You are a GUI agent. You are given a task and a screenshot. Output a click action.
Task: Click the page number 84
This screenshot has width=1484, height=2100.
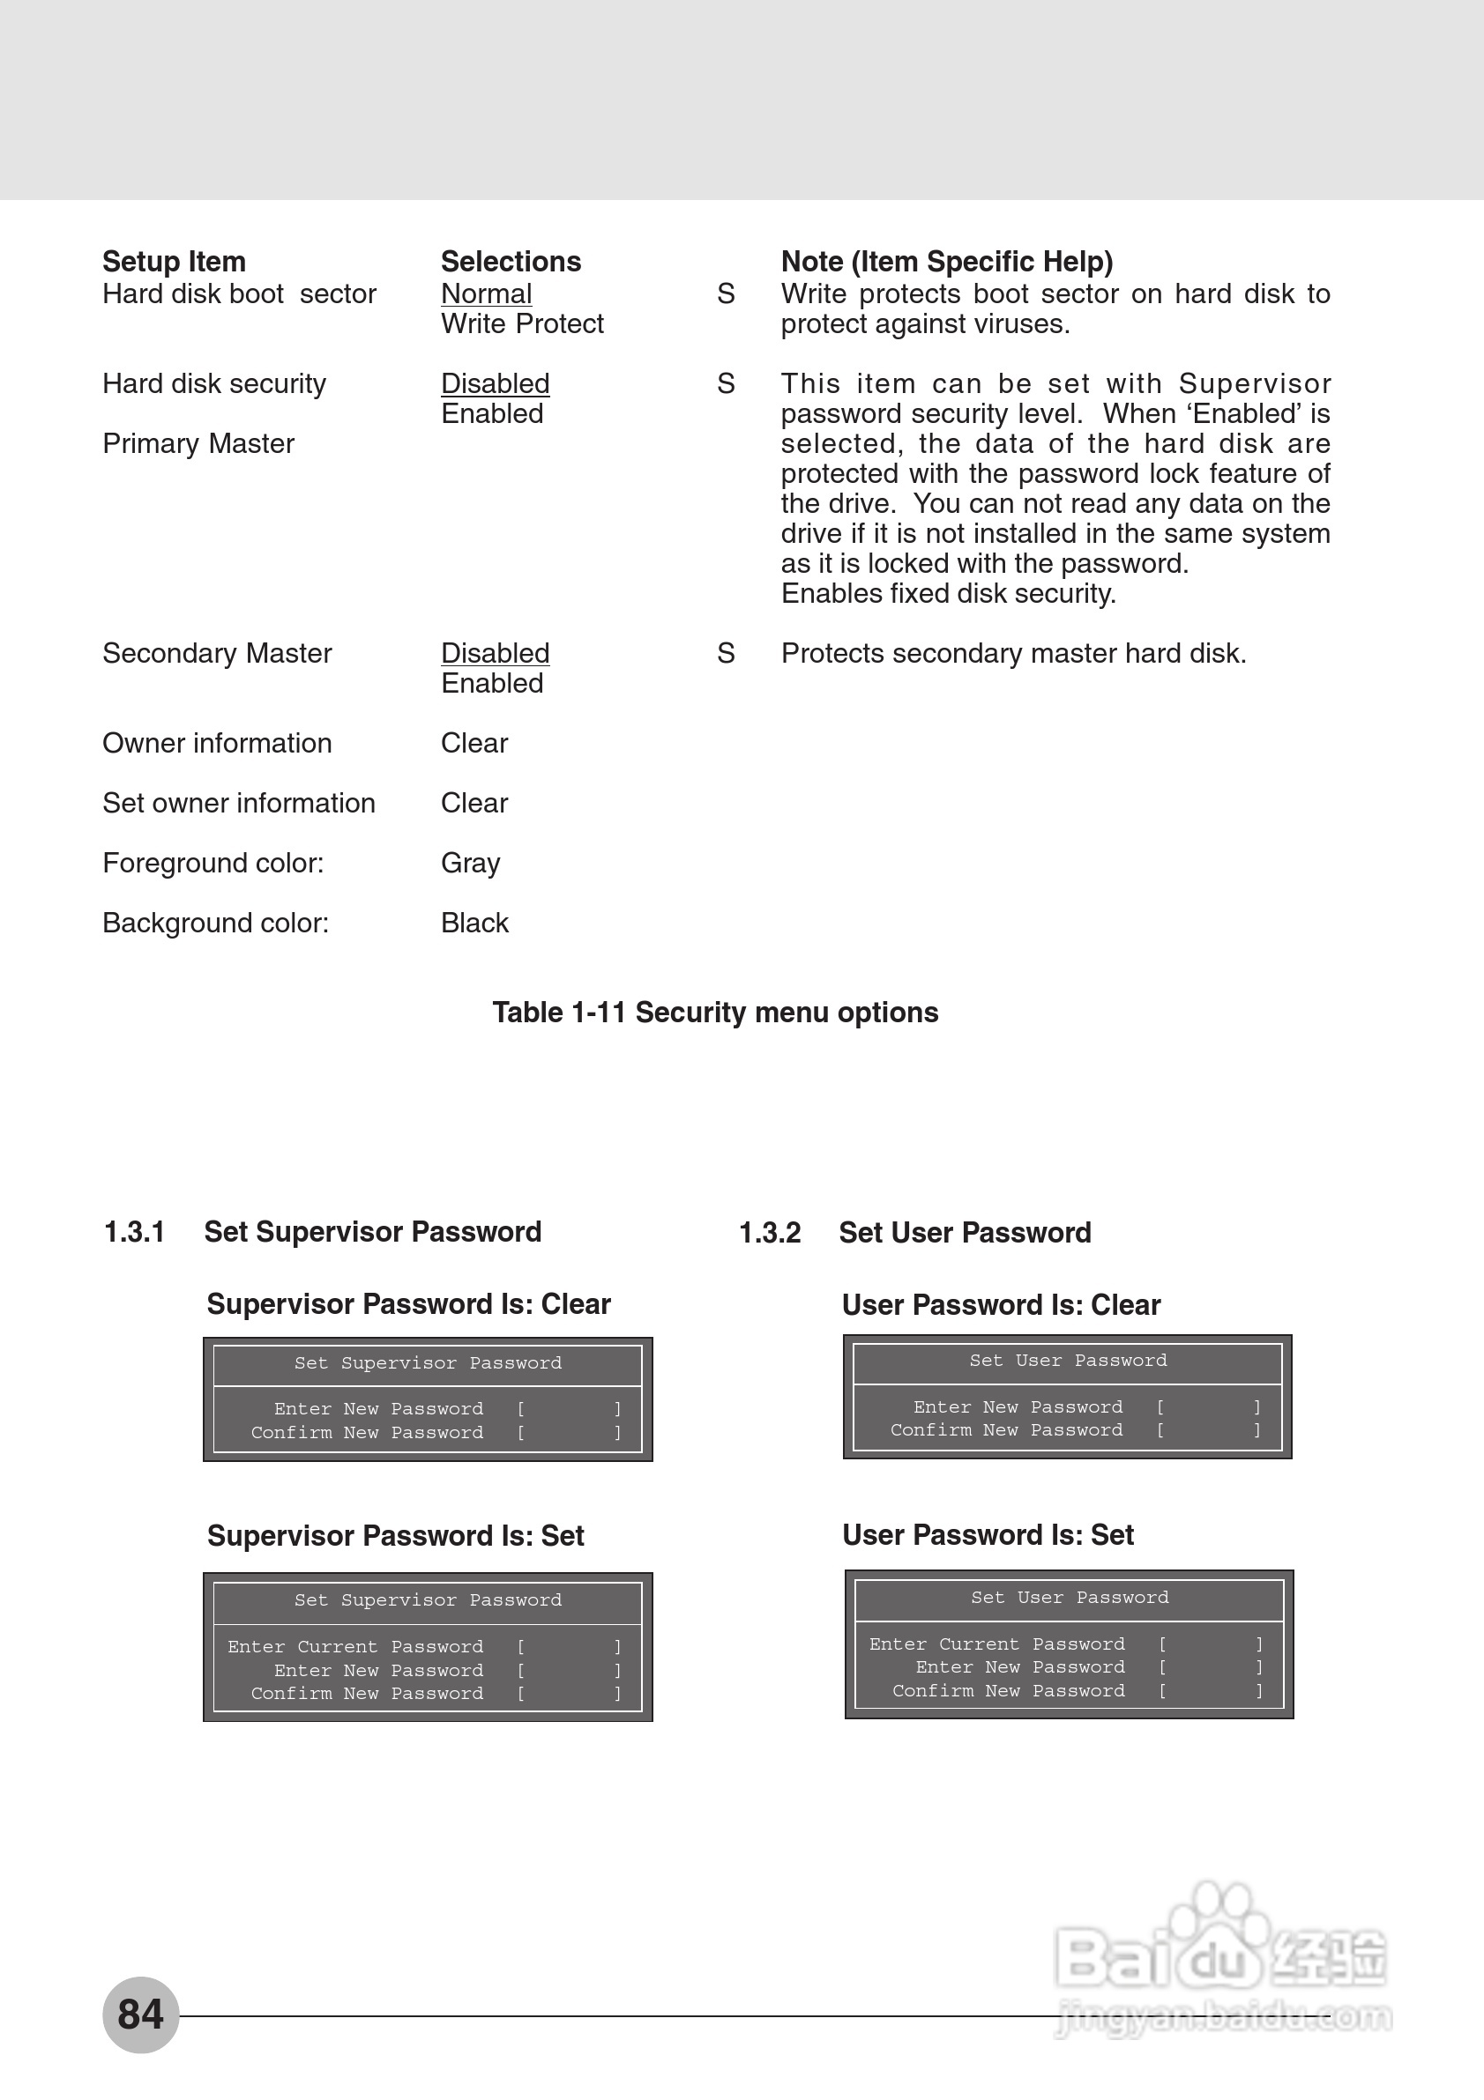tap(140, 2013)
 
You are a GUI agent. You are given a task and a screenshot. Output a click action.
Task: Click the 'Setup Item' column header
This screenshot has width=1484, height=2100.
tap(174, 262)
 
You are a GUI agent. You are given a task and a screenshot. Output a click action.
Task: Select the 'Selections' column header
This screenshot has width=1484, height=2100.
tap(511, 262)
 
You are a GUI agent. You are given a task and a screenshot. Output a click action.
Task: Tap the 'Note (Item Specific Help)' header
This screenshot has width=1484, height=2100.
tap(946, 262)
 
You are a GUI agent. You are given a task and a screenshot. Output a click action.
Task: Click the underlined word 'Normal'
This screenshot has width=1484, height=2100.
tap(486, 293)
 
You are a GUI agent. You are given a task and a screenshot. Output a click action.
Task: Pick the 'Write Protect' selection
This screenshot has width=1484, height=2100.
tap(521, 323)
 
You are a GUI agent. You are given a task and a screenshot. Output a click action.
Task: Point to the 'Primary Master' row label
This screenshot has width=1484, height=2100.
tap(198, 443)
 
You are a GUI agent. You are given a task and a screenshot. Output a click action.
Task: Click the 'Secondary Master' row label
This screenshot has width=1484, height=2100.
tap(217, 653)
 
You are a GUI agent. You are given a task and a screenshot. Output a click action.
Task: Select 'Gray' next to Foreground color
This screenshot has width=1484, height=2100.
tap(470, 864)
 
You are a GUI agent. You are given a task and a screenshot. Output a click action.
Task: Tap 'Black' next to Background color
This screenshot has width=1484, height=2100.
tap(474, 923)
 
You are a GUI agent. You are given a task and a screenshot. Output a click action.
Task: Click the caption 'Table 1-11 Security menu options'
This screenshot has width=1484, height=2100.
tap(714, 1013)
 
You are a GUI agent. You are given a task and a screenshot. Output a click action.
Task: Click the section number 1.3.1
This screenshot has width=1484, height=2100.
tap(135, 1232)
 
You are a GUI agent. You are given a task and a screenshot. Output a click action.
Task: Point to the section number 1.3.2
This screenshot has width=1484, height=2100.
tap(770, 1233)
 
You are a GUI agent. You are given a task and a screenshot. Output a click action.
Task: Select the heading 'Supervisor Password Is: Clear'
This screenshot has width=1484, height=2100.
tap(408, 1304)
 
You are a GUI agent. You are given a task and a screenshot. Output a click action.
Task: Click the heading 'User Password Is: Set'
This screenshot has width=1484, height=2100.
tap(988, 1535)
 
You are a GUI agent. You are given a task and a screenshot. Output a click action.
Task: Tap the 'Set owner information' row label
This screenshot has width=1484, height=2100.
tap(239, 803)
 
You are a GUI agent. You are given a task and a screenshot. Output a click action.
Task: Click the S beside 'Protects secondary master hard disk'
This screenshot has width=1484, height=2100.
tap(726, 653)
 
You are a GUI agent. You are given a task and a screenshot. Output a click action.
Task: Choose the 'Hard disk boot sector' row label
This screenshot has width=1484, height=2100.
tap(239, 293)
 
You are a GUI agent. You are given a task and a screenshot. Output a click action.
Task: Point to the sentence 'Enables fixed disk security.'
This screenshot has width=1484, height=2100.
tap(948, 594)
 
